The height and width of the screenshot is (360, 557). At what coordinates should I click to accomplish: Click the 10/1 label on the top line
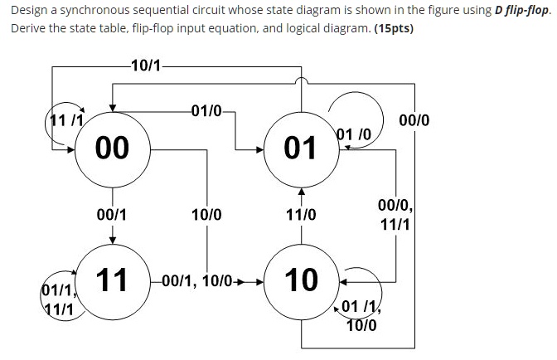146,66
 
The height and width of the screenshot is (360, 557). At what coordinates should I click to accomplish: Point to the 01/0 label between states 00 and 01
206,111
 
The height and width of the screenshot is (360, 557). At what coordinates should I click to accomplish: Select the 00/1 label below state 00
111,215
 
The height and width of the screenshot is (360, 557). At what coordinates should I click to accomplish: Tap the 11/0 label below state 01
301,215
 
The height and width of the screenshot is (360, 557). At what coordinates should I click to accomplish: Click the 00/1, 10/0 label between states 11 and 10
197,281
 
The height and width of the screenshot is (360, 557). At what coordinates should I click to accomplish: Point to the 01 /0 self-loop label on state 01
354,134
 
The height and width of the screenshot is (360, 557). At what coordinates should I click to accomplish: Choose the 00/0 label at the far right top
414,120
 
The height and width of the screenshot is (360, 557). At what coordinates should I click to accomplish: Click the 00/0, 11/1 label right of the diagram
395,215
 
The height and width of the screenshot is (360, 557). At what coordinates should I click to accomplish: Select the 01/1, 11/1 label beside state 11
59,300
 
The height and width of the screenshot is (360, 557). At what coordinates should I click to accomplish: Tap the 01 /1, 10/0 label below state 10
361,315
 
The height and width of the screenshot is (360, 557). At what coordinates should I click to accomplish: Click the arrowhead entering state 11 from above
112,241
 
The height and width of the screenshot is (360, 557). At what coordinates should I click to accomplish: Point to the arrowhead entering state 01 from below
301,192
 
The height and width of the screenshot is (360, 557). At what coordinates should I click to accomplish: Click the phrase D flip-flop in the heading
521,10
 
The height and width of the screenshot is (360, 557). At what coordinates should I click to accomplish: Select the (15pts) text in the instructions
394,28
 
